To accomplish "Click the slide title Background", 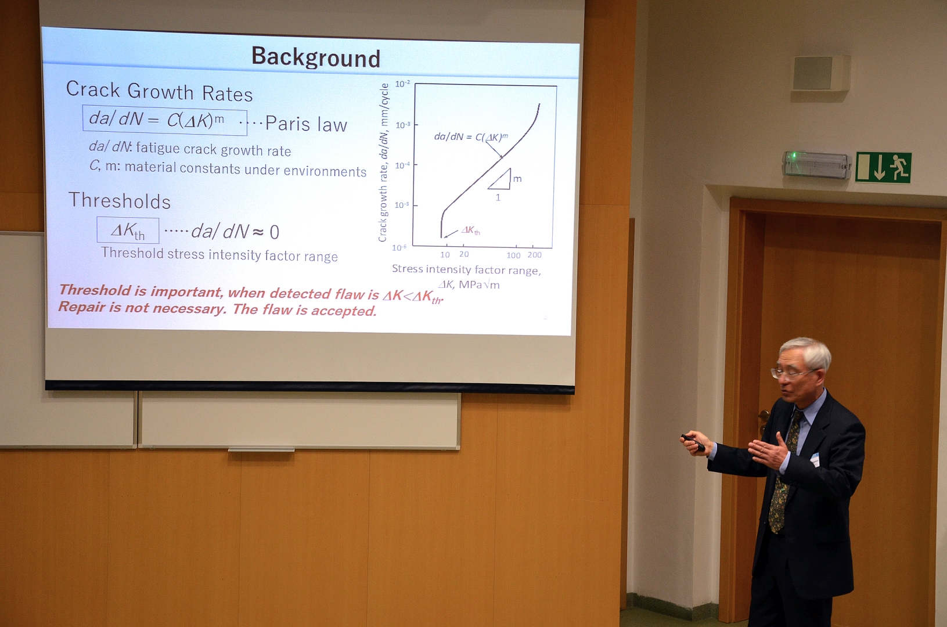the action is tap(316, 57).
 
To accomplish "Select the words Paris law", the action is tap(306, 124).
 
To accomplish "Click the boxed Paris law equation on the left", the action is tap(164, 120).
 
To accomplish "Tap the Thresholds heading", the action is tap(120, 200).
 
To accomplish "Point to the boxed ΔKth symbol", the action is tap(128, 230).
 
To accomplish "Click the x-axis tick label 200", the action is tap(534, 255).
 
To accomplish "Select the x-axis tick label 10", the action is tap(445, 254).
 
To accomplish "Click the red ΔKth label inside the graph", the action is tap(470, 230).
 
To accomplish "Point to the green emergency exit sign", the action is tap(883, 167).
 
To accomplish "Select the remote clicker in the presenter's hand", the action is tap(693, 442).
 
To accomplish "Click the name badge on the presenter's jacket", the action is tap(815, 459).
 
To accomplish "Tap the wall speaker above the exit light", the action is tap(821, 73).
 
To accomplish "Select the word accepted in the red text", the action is tap(344, 311).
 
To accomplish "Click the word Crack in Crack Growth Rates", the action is tap(93, 89).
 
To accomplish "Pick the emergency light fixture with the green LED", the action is tap(816, 164).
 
